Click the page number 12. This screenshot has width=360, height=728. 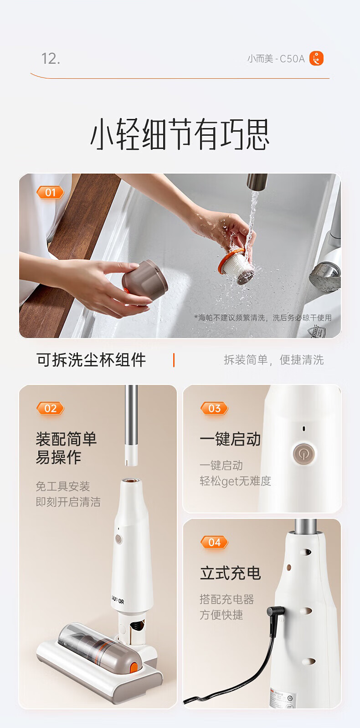pyautogui.click(x=51, y=58)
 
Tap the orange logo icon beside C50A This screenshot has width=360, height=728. pyautogui.click(x=316, y=58)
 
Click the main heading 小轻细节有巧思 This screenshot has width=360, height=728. pyautogui.click(x=180, y=134)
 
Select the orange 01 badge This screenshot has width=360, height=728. pyautogui.click(x=50, y=192)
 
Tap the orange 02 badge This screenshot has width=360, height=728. pyautogui.click(x=50, y=408)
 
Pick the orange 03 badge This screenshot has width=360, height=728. pyautogui.click(x=214, y=408)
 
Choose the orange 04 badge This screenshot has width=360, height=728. pyautogui.click(x=214, y=543)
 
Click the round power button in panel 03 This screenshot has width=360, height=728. pyautogui.click(x=304, y=453)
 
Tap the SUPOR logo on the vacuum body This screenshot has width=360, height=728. pyautogui.click(x=118, y=600)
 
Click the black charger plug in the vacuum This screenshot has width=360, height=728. pyautogui.click(x=276, y=611)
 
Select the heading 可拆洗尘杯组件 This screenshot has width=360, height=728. pyautogui.click(x=91, y=360)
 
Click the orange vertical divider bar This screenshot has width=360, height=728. pyautogui.click(x=174, y=360)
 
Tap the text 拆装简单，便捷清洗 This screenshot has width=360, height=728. pyautogui.click(x=273, y=360)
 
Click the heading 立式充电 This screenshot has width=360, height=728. pyautogui.click(x=230, y=573)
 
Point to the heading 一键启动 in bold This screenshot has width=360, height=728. pyautogui.click(x=230, y=439)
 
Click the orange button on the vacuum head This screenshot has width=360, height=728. pyautogui.click(x=134, y=667)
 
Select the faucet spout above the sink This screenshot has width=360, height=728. pyautogui.click(x=257, y=182)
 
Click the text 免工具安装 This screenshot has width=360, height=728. pyautogui.click(x=63, y=486)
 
